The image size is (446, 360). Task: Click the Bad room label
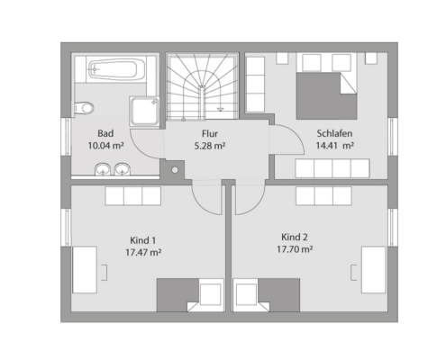coord(105,133)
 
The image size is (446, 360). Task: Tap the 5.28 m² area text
coord(210,146)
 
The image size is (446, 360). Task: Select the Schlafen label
coord(334,133)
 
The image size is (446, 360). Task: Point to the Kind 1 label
coord(143,240)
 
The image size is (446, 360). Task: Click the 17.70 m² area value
coord(295,249)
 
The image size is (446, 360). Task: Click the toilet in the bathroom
coord(84,108)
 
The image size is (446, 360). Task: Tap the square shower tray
coord(144,111)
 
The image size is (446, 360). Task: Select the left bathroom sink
coord(103,169)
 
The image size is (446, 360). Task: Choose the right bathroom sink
coord(123,169)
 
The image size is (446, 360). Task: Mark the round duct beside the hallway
coord(175,170)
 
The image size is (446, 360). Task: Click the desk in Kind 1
coord(85,270)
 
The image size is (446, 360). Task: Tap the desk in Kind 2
coord(373,270)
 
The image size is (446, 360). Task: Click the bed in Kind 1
coord(190,295)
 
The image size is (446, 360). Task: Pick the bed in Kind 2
coord(267,295)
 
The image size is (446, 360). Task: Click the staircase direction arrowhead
coord(221,109)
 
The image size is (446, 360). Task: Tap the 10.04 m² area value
coord(106,146)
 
